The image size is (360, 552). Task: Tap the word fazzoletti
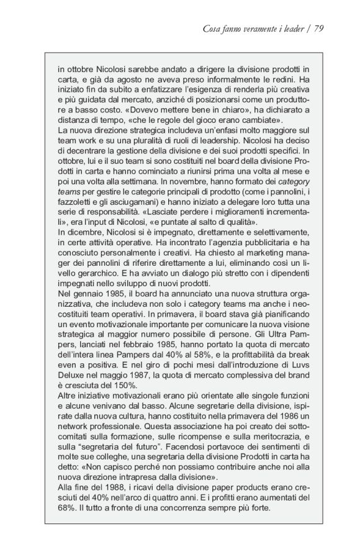click(x=74, y=201)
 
